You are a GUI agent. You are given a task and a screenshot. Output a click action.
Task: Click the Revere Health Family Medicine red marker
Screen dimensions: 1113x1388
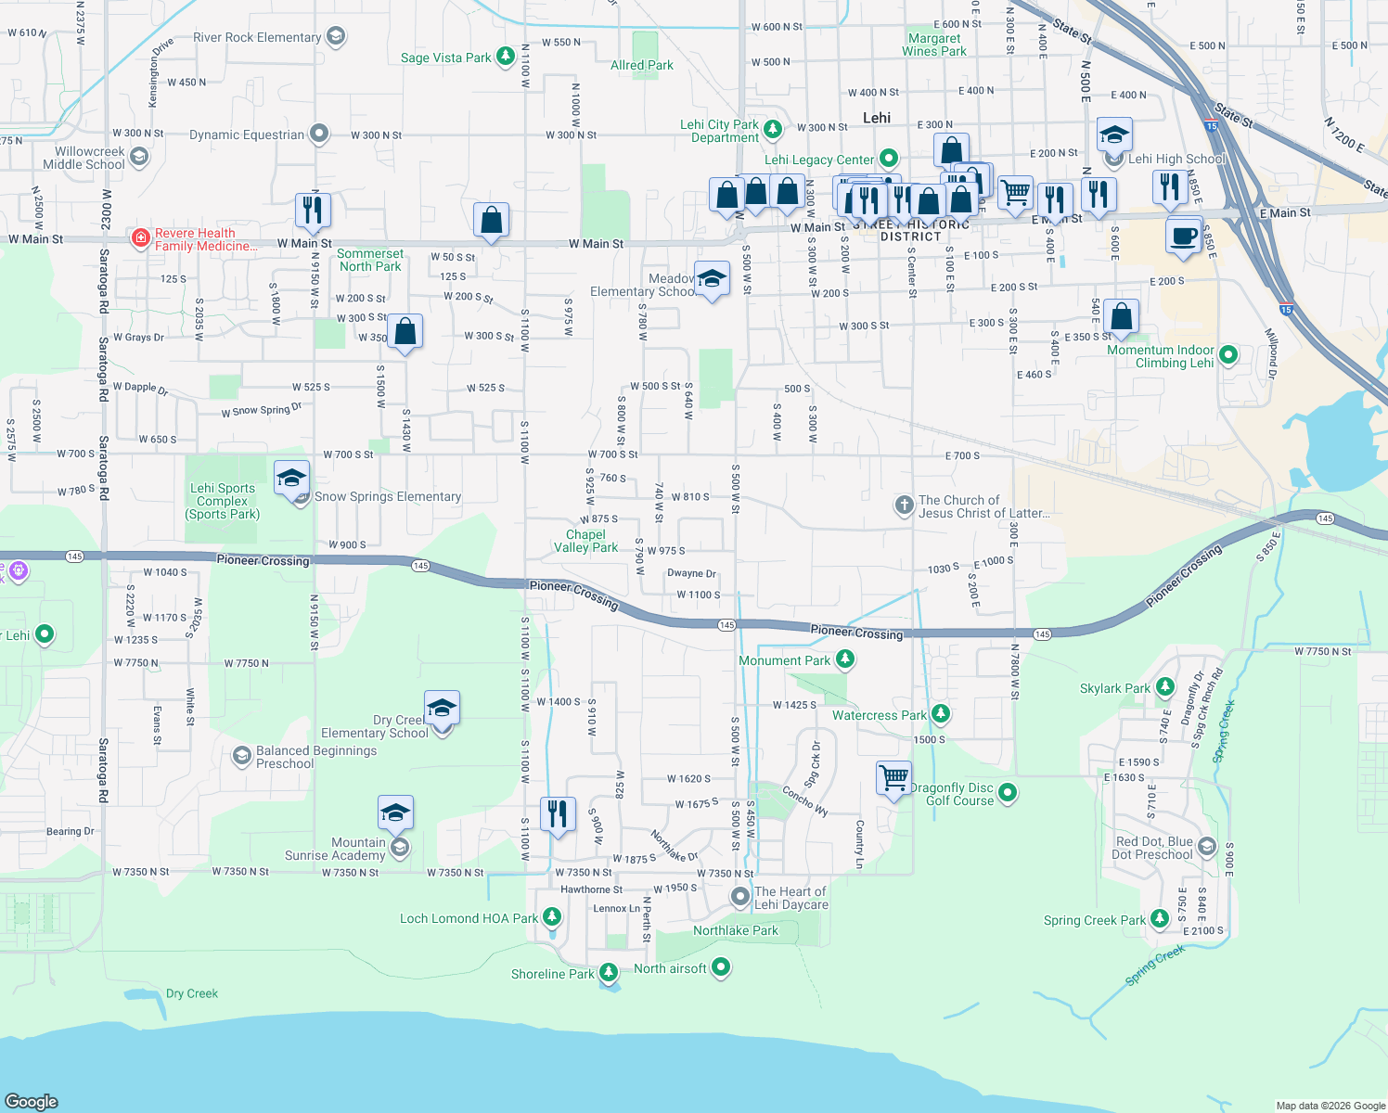pyautogui.click(x=140, y=238)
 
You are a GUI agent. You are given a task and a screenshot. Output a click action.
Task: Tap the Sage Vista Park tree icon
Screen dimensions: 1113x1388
pyautogui.click(x=506, y=58)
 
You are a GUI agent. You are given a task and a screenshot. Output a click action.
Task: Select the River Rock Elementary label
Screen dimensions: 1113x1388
pyautogui.click(x=256, y=38)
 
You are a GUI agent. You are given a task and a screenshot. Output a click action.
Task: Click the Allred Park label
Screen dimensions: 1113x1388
pyautogui.click(x=642, y=66)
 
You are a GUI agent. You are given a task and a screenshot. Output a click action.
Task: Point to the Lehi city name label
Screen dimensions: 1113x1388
pyautogui.click(x=877, y=118)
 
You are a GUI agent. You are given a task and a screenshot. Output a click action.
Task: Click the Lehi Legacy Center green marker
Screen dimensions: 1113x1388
pyautogui.click(x=889, y=159)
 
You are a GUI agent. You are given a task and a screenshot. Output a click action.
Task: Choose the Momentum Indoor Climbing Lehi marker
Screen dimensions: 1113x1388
pyautogui.click(x=1228, y=354)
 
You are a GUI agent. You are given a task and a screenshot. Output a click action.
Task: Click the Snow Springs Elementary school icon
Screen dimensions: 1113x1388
pyautogui.click(x=291, y=479)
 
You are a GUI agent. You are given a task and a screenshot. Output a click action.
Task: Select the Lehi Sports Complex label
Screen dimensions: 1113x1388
pyautogui.click(x=223, y=501)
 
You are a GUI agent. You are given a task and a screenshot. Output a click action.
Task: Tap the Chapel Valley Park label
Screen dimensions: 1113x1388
pyautogui.click(x=586, y=541)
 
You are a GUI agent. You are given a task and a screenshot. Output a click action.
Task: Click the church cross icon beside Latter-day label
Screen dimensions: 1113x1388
pyautogui.click(x=904, y=505)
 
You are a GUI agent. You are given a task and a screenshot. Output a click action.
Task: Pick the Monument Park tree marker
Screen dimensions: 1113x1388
pyautogui.click(x=844, y=659)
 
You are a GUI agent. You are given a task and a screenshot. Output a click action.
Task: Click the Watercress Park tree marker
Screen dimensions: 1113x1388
pyautogui.click(x=941, y=714)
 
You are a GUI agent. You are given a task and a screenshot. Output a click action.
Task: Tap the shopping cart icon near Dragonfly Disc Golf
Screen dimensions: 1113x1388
pyautogui.click(x=893, y=777)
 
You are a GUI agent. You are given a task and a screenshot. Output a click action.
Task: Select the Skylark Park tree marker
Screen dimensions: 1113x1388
pyautogui.click(x=1165, y=688)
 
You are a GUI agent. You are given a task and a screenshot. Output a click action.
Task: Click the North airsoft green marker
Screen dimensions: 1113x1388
pyautogui.click(x=721, y=968)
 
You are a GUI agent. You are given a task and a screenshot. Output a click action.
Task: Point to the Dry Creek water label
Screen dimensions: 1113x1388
pyautogui.click(x=192, y=993)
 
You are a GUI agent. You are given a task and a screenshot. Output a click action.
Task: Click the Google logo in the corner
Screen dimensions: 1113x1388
pyautogui.click(x=32, y=1101)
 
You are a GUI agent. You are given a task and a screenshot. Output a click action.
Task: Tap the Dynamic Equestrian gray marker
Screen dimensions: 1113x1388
pyautogui.click(x=319, y=134)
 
